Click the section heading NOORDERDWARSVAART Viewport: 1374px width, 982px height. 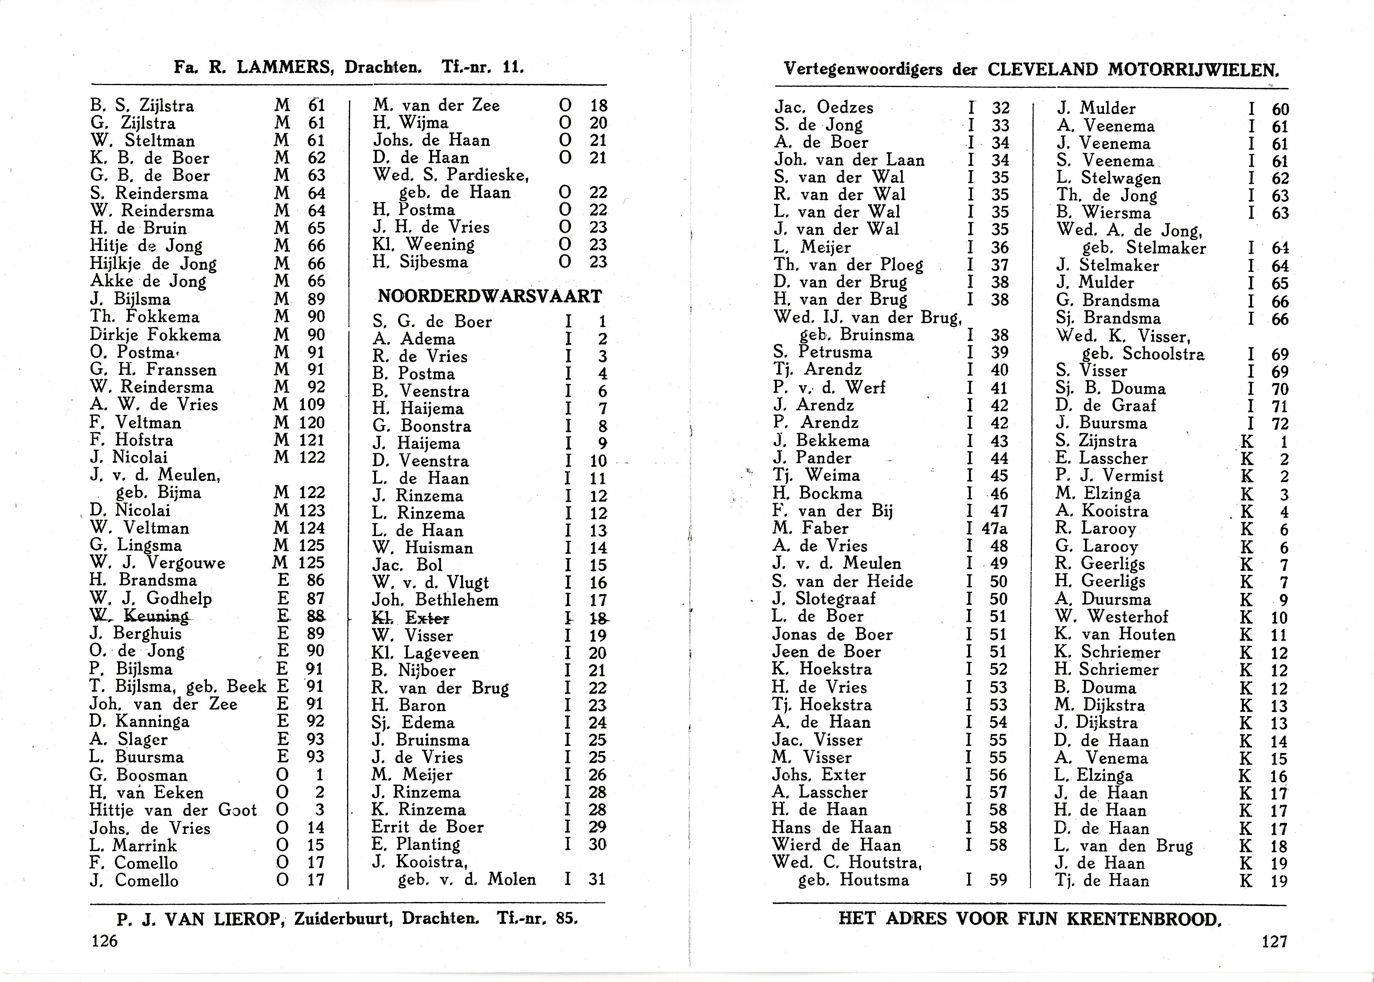490,296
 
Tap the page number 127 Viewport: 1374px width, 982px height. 1274,942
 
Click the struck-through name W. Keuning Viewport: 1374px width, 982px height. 139,616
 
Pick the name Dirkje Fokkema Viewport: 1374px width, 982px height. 155,335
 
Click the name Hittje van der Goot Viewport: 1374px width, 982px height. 173,810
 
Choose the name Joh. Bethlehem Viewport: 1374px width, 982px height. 435,600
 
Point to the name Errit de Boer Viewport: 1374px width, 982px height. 427,827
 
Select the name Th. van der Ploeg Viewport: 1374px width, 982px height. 849,265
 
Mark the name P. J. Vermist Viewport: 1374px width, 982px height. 1109,476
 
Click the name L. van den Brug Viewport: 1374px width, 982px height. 1124,846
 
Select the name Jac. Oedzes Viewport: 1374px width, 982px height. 824,107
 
